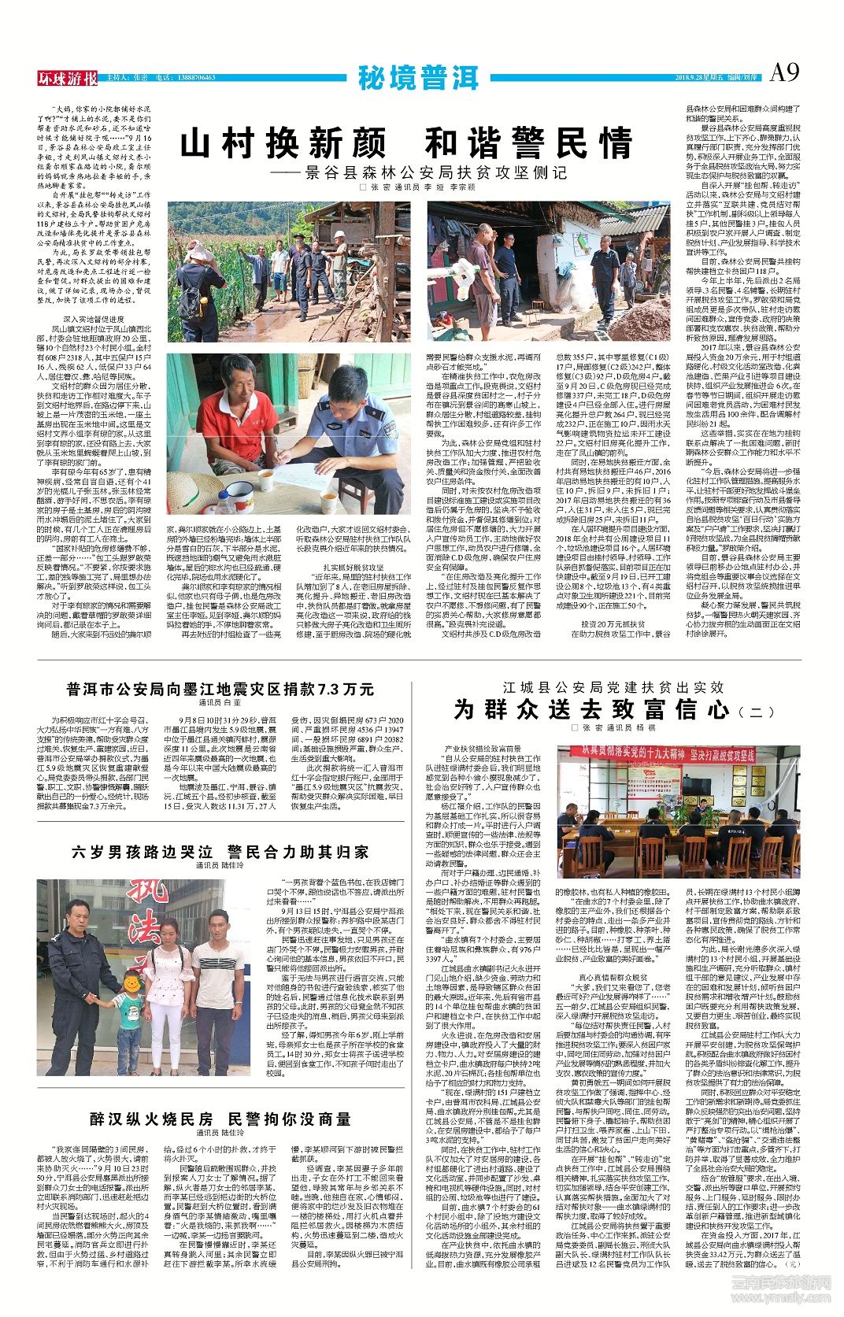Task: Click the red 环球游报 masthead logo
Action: [x=68, y=78]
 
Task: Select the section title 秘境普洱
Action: [x=417, y=77]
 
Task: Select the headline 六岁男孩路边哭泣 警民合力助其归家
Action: [x=220, y=852]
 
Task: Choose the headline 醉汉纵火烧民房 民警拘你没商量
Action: [x=220, y=1119]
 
